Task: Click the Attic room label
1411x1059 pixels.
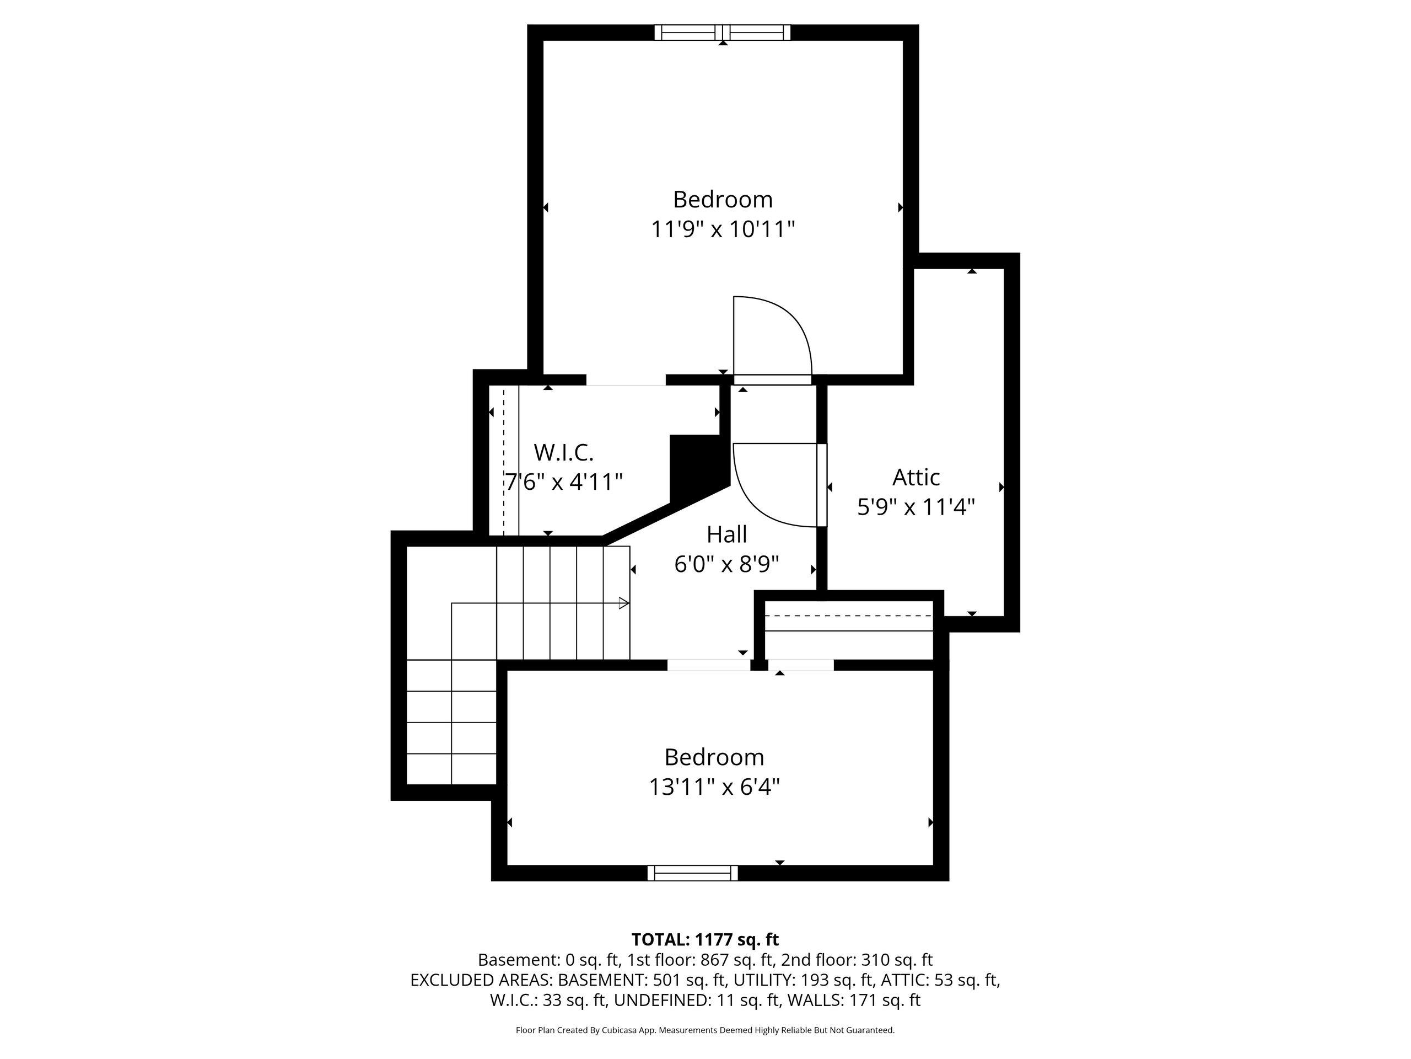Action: click(x=915, y=477)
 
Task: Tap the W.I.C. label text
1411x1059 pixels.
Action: click(x=564, y=453)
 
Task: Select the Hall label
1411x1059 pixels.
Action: click(x=726, y=534)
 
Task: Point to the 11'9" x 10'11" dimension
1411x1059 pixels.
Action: click(x=723, y=228)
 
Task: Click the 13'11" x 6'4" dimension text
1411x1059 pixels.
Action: click(x=714, y=787)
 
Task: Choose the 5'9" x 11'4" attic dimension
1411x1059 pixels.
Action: click(x=916, y=507)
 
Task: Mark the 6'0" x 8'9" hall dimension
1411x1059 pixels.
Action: click(x=726, y=564)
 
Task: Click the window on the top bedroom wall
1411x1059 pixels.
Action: click(x=723, y=33)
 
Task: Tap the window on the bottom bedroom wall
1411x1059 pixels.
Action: click(x=693, y=873)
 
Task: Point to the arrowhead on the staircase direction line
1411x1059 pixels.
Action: click(x=624, y=603)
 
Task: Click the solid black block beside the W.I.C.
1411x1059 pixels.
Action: click(x=698, y=466)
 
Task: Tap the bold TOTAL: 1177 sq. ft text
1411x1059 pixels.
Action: click(x=705, y=940)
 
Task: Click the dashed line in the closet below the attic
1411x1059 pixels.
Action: click(x=848, y=616)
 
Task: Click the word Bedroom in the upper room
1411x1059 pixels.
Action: click(x=723, y=199)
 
